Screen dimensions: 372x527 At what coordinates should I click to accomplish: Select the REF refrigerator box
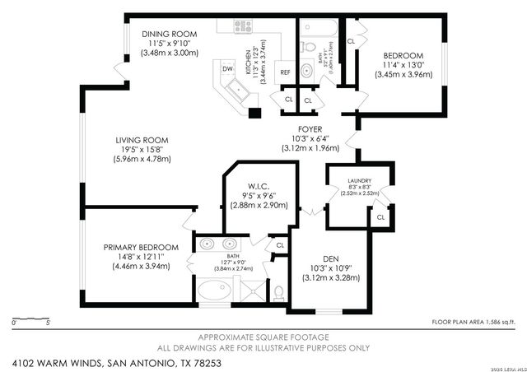[x=285, y=72]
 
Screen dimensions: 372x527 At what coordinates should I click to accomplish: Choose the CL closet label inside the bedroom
[x=351, y=40]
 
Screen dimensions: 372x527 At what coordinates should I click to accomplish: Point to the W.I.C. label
[x=259, y=187]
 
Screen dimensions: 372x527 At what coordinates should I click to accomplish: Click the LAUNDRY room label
[x=359, y=181]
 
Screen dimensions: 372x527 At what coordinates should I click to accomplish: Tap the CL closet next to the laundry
[x=380, y=218]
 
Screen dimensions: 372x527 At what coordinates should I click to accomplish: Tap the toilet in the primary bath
[x=278, y=292]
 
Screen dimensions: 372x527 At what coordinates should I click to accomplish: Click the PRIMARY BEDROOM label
[x=141, y=247]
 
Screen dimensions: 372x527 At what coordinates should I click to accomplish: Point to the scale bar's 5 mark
[x=49, y=323]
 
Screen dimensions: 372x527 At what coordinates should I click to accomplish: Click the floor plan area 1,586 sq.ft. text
[x=476, y=322]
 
